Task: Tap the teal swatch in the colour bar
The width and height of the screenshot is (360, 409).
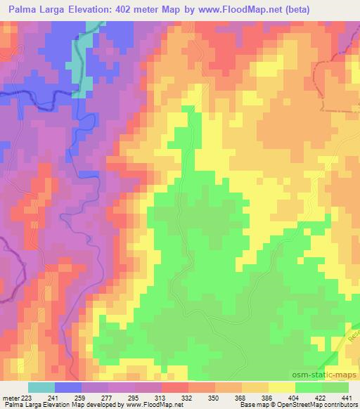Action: [x=41, y=387]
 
